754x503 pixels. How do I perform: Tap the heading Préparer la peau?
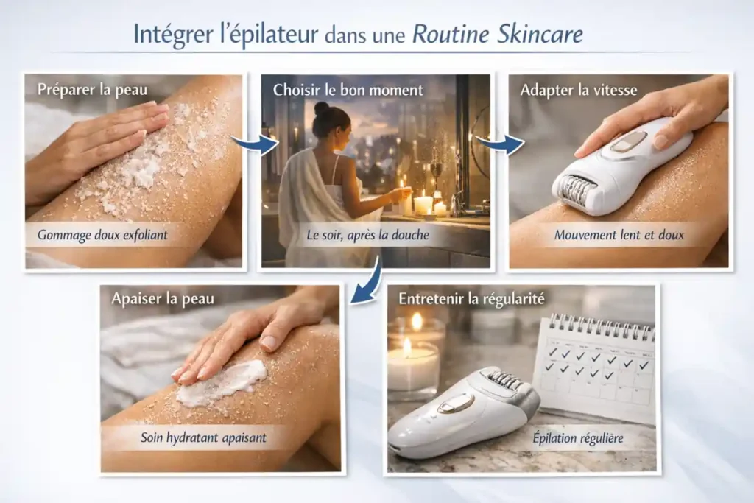point(92,90)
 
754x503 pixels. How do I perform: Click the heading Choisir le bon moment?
point(348,90)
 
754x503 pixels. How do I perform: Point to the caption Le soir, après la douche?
point(366,236)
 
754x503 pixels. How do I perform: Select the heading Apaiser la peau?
point(163,299)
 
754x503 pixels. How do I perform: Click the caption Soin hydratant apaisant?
point(203,437)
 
